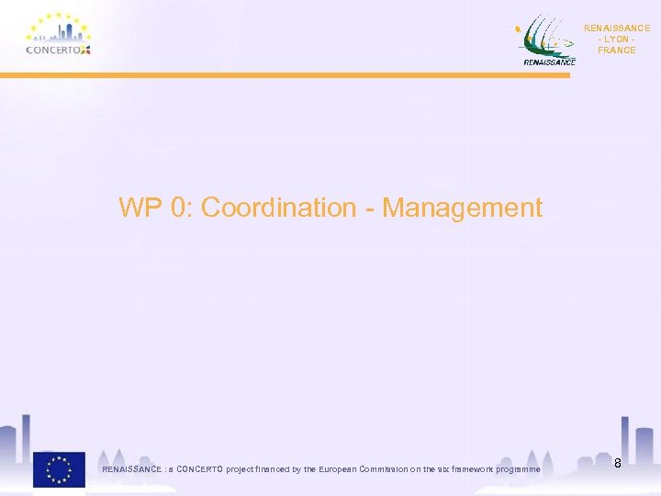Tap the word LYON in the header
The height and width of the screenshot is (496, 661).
tap(616, 39)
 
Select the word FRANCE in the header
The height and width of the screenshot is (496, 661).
tap(616, 51)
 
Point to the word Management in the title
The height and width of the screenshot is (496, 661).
tap(462, 208)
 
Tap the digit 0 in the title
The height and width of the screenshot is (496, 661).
tap(179, 208)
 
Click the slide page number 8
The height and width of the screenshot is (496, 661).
tap(618, 463)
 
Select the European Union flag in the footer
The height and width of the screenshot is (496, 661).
tap(59, 468)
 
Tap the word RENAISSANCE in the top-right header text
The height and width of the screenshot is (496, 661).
tap(616, 28)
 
